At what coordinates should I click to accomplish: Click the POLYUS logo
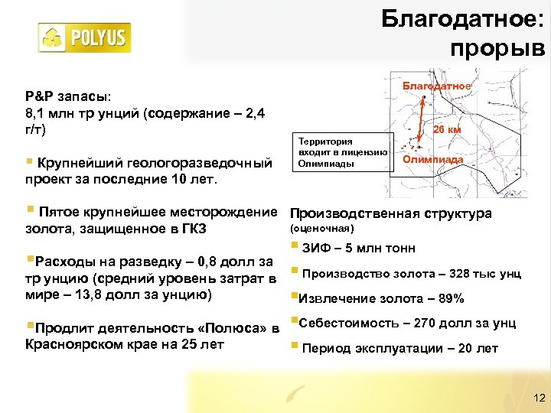[x=84, y=37]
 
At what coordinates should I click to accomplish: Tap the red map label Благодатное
[x=437, y=86]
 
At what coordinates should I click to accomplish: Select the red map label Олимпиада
[x=432, y=160]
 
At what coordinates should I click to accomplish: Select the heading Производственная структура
[x=390, y=213]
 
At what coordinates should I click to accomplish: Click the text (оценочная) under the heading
[x=321, y=228]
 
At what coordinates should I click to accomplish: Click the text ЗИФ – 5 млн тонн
[x=359, y=248]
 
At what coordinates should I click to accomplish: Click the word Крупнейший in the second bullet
[x=75, y=163]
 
